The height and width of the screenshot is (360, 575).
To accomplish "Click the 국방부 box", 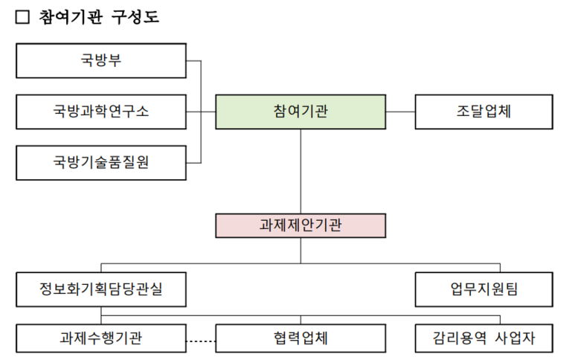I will click(100, 60).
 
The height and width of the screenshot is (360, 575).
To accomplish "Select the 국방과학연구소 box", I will click(100, 112).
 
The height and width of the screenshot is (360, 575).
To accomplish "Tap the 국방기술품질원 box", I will click(100, 162).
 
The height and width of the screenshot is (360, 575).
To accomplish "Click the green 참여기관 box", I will click(301, 112).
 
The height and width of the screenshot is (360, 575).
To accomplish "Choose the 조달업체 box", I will click(484, 112).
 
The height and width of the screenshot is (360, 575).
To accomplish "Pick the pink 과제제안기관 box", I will click(301, 225).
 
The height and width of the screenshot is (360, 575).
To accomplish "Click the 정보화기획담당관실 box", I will click(100, 289).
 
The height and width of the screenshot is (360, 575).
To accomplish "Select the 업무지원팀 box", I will click(484, 289).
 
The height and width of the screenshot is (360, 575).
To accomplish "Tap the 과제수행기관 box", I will click(100, 338).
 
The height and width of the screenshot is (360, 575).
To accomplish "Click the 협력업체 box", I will click(301, 338).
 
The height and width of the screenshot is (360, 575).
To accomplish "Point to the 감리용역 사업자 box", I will click(484, 338).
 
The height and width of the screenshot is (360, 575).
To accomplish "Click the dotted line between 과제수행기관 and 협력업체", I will click(200, 341).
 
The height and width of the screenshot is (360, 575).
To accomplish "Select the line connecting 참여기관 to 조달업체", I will click(400, 112).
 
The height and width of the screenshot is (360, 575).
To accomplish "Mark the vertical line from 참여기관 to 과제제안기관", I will click(301, 171).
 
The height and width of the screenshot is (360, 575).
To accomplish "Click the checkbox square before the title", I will click(22, 16).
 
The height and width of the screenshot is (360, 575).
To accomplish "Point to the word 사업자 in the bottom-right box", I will click(514, 338).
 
